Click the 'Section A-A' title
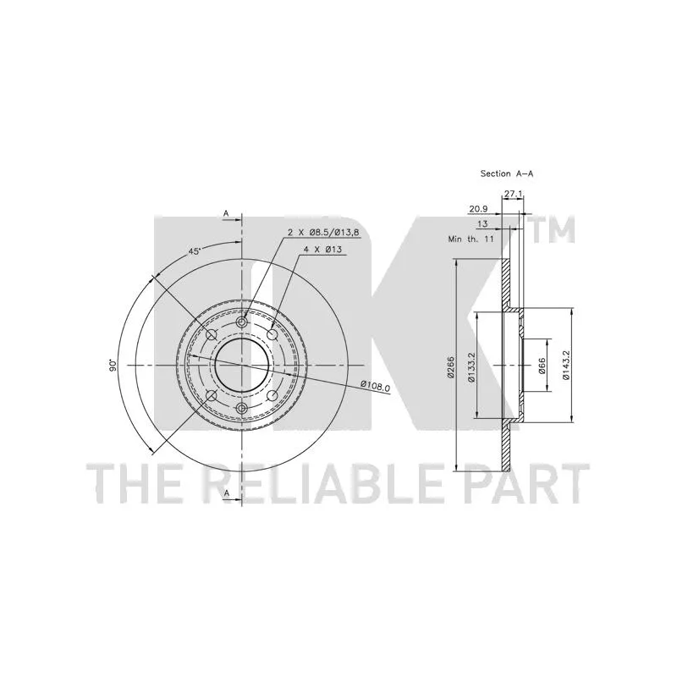[x=507, y=173]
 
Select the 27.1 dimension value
[x=514, y=195]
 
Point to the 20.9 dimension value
[x=478, y=209]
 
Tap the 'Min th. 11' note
[x=471, y=239]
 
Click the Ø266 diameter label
[x=450, y=367]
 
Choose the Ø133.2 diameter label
[x=471, y=367]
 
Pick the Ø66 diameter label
[x=542, y=366]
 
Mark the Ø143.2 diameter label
[x=566, y=365]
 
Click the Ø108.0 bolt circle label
[x=375, y=386]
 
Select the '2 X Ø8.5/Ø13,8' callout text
[x=324, y=232]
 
